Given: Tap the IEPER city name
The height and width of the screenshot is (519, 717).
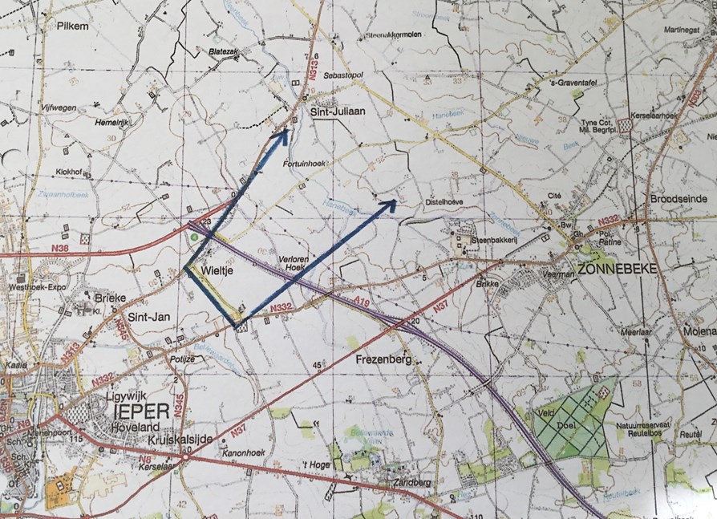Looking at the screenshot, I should point(142,412).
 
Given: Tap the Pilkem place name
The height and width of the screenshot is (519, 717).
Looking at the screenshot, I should point(72,26).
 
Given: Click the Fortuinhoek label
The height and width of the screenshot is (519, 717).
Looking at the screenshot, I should point(302,164).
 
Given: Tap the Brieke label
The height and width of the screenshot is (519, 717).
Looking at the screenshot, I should point(111,297).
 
